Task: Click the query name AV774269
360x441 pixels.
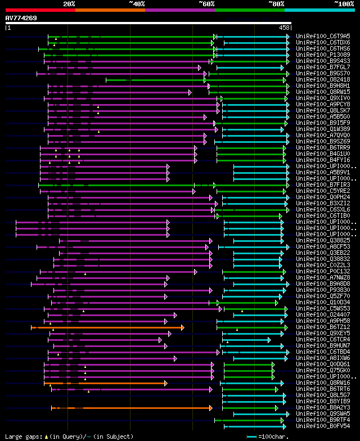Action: tap(21, 18)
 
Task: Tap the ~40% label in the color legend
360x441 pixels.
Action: tap(137, 4)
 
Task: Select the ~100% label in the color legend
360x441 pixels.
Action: tap(343, 4)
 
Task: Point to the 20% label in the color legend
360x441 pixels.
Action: tap(69, 4)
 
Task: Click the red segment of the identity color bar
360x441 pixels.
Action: tap(40, 10)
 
